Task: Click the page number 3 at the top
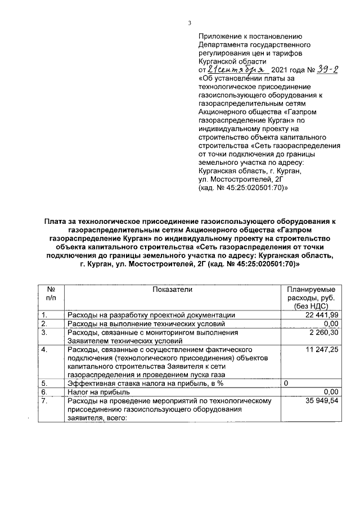[x=190, y=23]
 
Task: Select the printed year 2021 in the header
[x=281, y=71]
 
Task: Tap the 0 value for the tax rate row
[x=286, y=384]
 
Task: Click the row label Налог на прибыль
[x=98, y=392]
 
